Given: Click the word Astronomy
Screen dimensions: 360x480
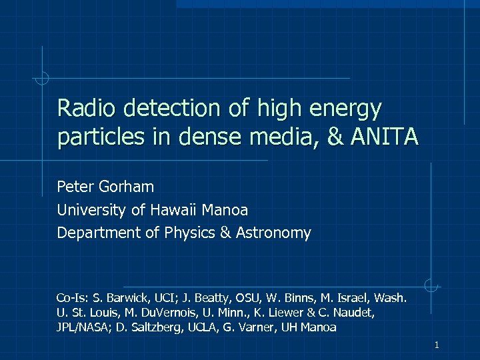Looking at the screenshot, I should [279, 233].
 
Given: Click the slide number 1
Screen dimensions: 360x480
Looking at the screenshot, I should [436, 345].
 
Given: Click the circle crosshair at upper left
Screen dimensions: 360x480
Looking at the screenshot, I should [42, 79].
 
